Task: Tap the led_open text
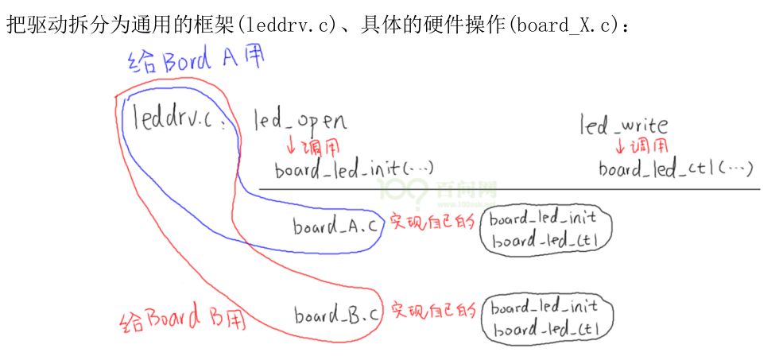(x=300, y=122)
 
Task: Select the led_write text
(x=623, y=125)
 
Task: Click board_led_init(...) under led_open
(x=355, y=169)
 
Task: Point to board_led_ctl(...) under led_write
(x=676, y=169)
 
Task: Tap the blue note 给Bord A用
(x=194, y=63)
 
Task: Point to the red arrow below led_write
(x=621, y=147)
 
